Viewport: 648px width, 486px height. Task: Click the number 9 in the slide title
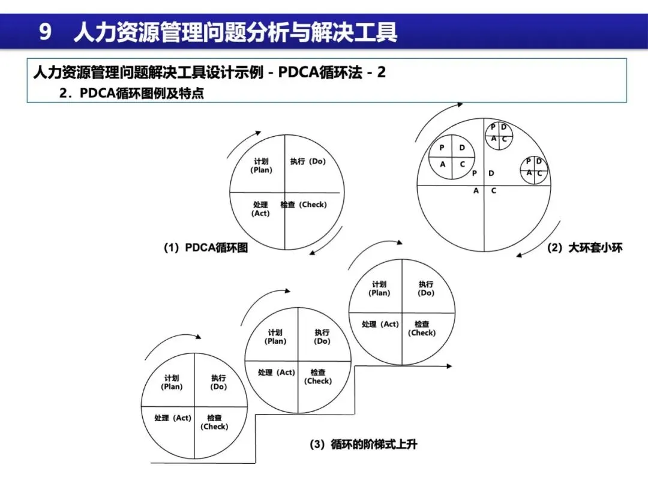pos(45,32)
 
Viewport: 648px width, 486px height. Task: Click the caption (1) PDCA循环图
pos(205,247)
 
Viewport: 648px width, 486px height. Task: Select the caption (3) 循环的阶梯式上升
pos(363,445)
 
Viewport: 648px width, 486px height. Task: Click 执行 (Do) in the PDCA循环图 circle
pos(308,161)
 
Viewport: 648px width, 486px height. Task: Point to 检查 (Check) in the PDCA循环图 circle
pos(304,205)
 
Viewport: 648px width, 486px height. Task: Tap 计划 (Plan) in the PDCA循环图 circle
pos(261,166)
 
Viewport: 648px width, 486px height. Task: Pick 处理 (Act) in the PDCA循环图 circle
pos(260,209)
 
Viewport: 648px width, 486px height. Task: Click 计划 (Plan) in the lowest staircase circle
pos(172,382)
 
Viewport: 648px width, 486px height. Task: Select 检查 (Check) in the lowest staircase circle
pos(214,422)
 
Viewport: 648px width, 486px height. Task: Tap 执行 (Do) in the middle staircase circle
pos(322,337)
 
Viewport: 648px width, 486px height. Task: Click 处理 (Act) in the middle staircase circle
pos(276,372)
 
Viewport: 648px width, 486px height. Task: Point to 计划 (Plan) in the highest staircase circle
pos(379,289)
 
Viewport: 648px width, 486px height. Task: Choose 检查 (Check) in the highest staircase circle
pos(422,328)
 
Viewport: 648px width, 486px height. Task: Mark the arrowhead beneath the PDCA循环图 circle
pos(311,253)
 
